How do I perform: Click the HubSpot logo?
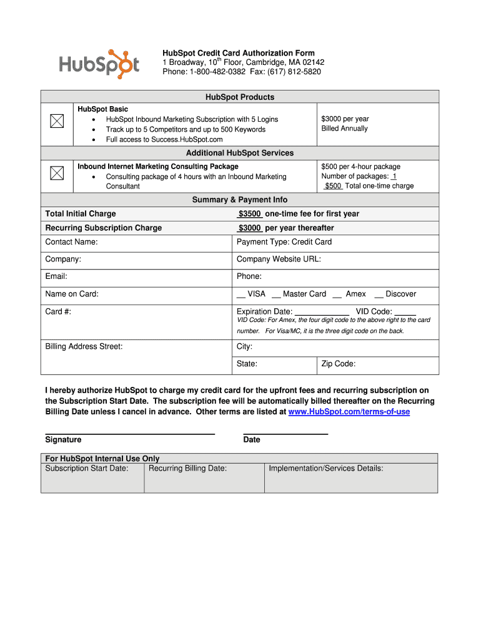click(99, 63)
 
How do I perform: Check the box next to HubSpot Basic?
click(57, 120)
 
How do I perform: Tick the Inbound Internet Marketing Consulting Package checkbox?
click(57, 173)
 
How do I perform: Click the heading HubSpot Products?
click(240, 97)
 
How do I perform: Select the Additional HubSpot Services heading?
click(240, 153)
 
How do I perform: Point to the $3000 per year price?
click(345, 119)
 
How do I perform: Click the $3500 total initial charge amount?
click(249, 213)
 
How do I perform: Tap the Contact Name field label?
click(71, 241)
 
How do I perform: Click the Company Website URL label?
click(279, 259)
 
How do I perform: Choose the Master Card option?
click(299, 294)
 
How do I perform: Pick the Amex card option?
click(349, 294)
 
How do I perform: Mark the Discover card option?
click(395, 294)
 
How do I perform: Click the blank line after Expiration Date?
click(322, 312)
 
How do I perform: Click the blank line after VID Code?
click(405, 312)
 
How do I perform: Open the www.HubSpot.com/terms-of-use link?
click(349, 412)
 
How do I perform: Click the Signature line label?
click(63, 439)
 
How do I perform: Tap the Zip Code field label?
click(338, 364)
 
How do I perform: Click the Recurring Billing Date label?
click(187, 468)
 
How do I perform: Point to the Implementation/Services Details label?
click(325, 468)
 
